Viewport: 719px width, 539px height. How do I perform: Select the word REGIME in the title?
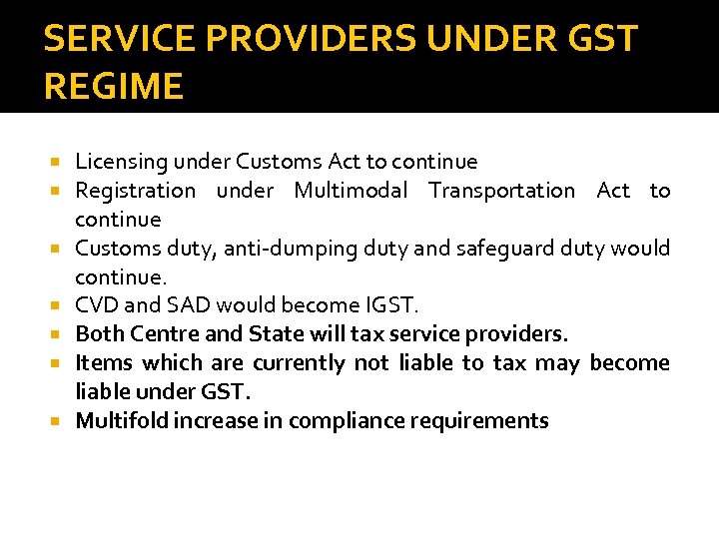pos(114,86)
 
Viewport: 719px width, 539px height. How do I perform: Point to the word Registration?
pos(136,191)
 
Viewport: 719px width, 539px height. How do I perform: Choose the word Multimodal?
pos(351,191)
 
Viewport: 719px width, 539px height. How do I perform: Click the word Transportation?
pos(501,191)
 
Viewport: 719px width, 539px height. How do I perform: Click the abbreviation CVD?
pos(96,305)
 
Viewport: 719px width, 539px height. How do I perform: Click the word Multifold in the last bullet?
pos(122,420)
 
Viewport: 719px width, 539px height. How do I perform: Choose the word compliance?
pos(346,420)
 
